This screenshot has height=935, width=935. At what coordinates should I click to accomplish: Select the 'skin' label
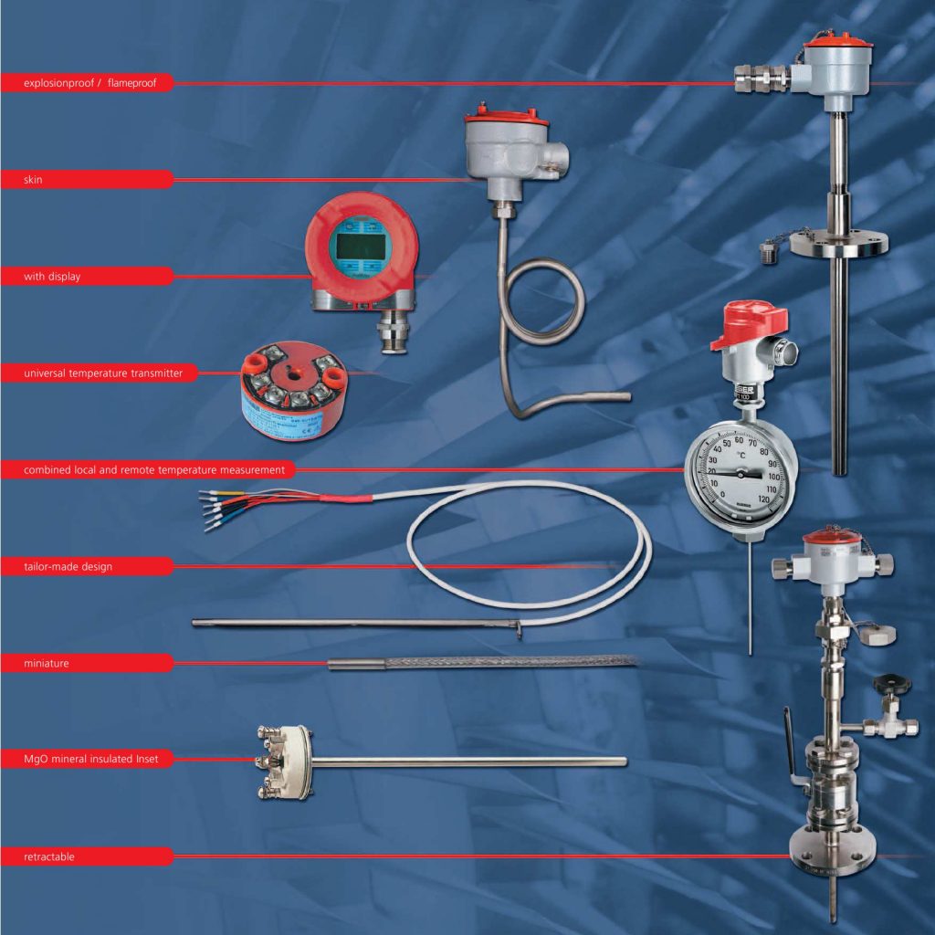pos(33,181)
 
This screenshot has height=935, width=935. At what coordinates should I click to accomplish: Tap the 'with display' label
pos(52,277)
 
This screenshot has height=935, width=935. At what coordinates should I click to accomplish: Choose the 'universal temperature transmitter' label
pos(102,373)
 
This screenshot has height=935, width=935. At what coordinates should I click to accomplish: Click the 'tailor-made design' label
pos(68,567)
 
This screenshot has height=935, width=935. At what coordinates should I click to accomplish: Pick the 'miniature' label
pos(46,663)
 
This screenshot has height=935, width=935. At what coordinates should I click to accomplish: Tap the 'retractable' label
pos(49,857)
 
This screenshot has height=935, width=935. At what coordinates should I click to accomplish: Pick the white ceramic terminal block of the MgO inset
pos(283,760)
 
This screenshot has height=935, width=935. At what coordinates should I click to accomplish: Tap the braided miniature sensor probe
pos(511,661)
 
